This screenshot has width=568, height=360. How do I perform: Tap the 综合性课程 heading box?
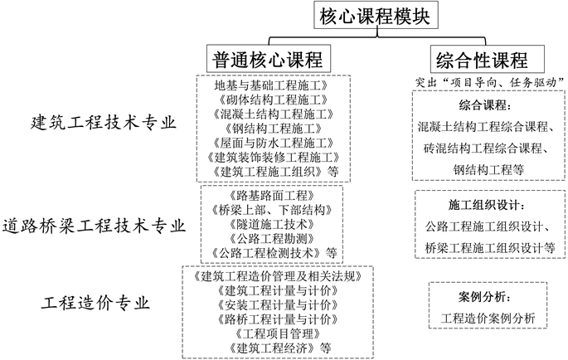[482, 60]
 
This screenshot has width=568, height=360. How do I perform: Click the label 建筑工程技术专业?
[104, 124]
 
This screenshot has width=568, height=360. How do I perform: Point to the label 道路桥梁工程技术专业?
[93, 224]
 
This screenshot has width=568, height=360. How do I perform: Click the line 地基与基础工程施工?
[273, 85]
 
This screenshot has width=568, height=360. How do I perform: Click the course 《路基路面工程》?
[271, 196]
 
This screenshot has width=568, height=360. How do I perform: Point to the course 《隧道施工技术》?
[271, 224]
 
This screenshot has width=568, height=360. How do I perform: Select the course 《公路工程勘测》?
[271, 238]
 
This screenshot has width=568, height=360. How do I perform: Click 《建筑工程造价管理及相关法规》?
[277, 276]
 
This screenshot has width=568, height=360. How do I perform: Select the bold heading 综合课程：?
[486, 106]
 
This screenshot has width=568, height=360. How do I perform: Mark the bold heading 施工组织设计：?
[486, 205]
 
